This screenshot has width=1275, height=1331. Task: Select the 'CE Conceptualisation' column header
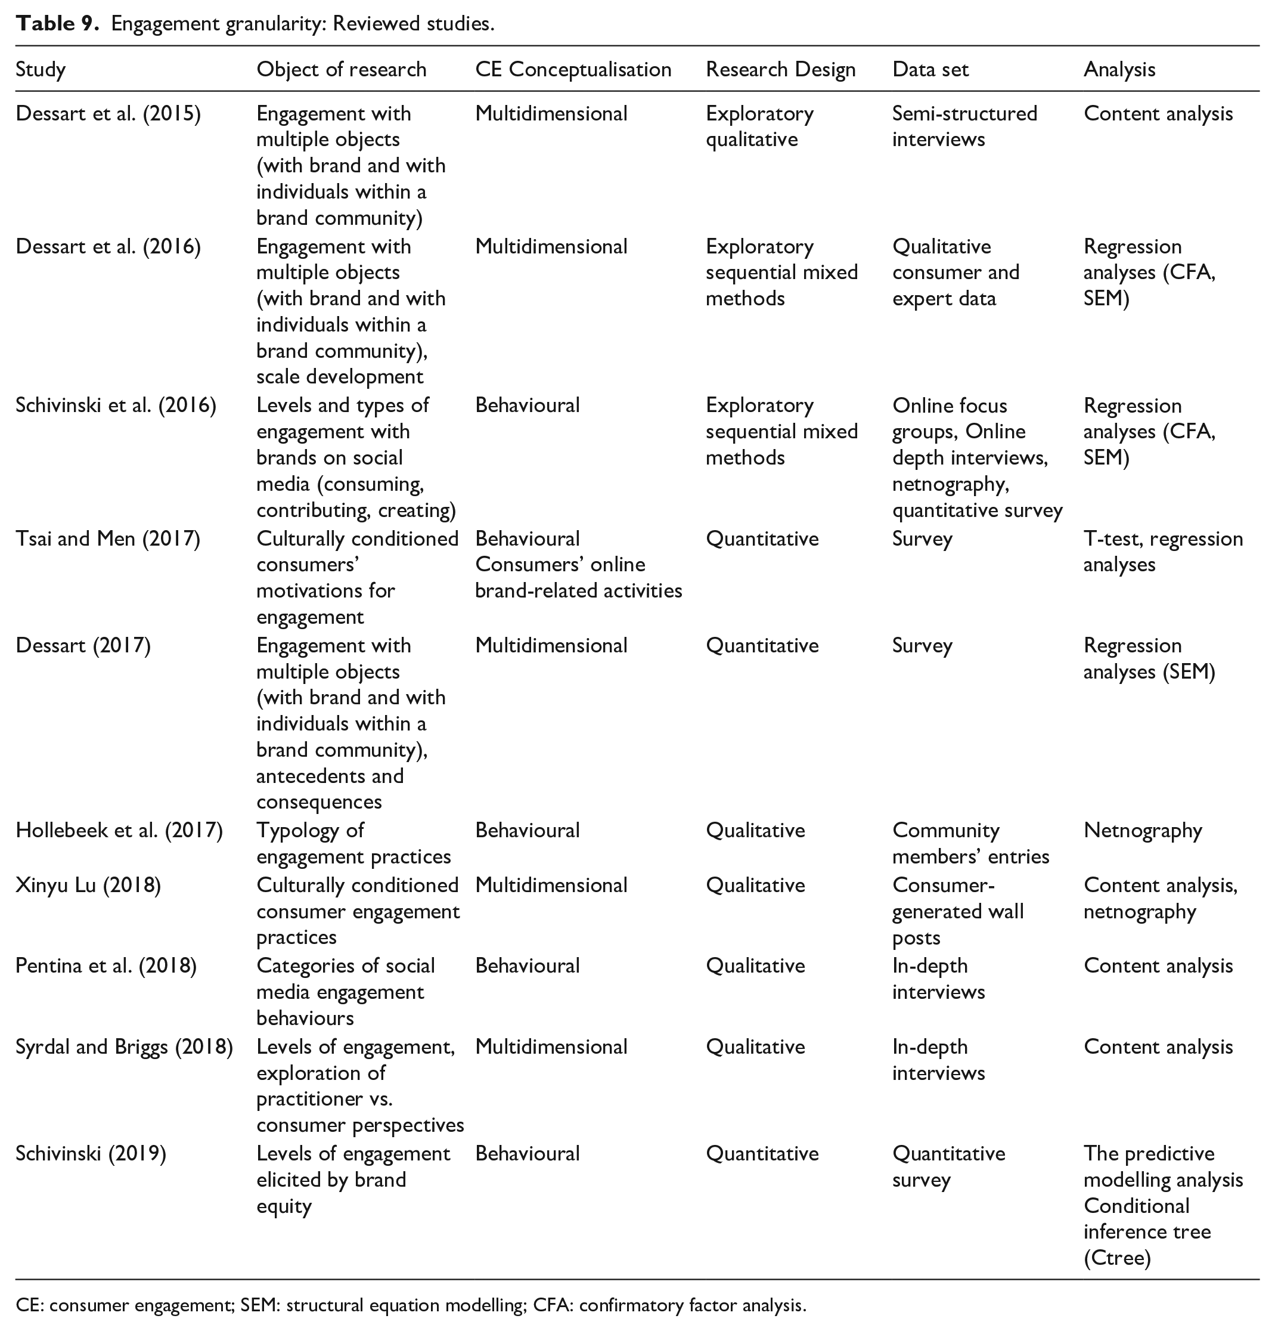point(572,69)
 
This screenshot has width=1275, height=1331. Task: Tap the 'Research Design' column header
point(780,69)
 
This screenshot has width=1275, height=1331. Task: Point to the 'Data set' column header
point(929,69)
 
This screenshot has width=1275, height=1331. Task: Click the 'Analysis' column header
point(1119,69)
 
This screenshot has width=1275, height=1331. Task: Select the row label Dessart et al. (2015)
point(108,113)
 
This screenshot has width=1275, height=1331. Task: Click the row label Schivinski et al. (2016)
point(116,406)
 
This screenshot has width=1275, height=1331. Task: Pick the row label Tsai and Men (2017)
point(107,538)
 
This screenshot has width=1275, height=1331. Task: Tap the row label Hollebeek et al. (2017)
point(119,830)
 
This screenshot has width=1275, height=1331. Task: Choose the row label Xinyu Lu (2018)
point(88,885)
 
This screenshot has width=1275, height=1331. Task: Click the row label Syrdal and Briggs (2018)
point(123,1047)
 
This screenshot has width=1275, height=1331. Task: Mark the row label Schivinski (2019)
point(90,1153)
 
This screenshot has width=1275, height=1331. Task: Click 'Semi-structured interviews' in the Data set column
point(964,126)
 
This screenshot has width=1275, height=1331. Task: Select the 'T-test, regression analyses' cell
point(1162,552)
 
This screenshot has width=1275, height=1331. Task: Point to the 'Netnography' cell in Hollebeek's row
point(1142,830)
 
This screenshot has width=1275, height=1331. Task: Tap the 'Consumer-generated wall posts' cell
point(957,911)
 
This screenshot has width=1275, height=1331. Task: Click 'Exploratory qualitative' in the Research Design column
point(759,126)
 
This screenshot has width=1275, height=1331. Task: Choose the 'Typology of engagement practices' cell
point(353,843)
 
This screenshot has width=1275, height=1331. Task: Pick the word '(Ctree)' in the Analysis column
point(1117,1258)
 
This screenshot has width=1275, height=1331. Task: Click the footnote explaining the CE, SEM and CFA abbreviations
point(411,1305)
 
